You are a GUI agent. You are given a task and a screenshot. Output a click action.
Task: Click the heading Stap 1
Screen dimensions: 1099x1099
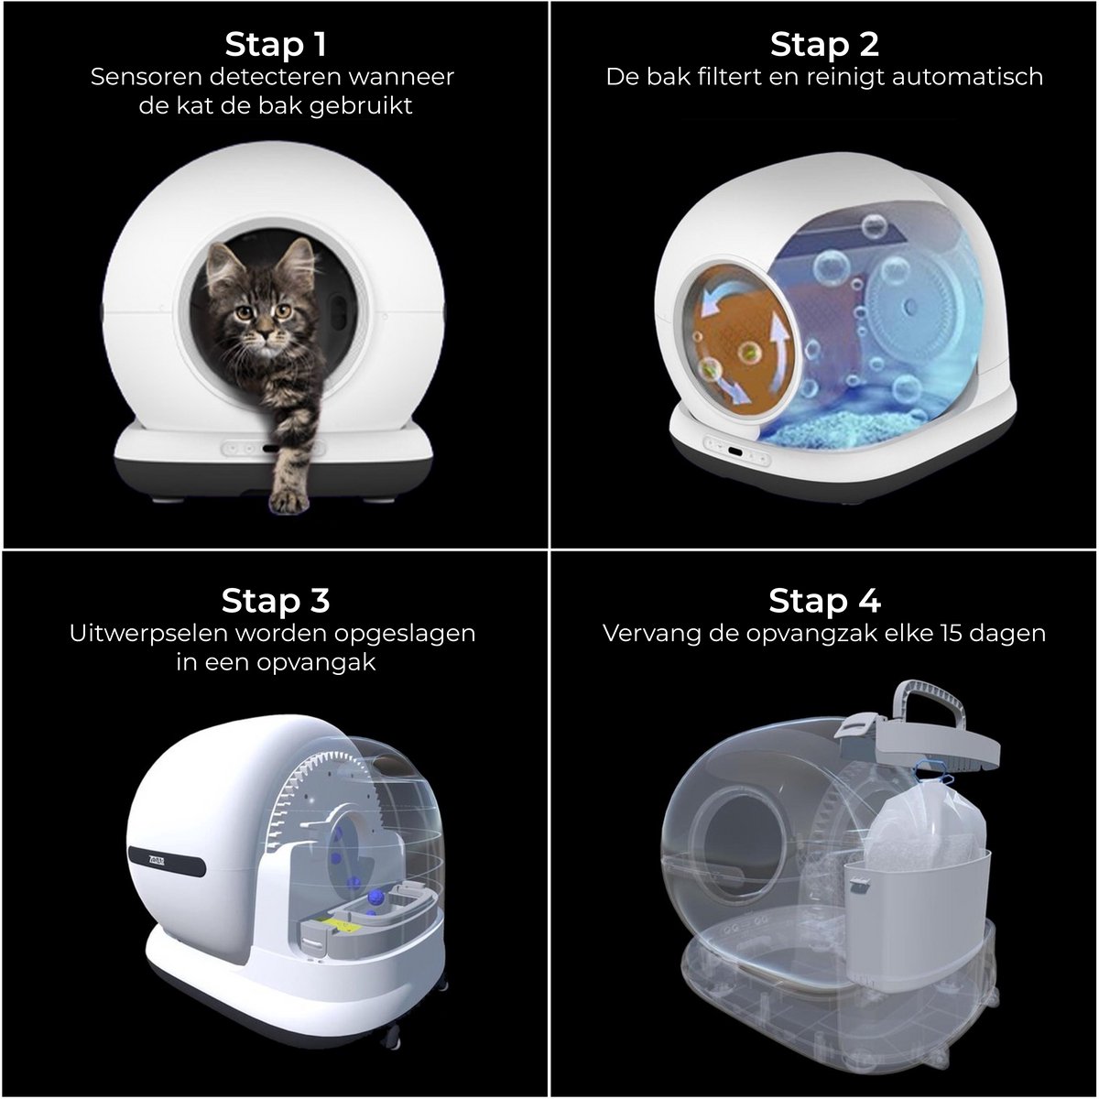276,45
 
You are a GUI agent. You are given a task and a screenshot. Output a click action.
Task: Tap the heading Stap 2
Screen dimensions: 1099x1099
824,45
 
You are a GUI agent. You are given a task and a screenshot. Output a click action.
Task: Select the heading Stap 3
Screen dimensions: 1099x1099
276,601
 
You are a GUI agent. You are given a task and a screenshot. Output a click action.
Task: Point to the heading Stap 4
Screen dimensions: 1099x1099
824,601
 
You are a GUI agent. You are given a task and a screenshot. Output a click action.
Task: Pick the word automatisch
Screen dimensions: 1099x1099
967,77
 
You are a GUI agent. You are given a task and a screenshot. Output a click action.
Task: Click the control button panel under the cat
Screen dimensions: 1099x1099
273,448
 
